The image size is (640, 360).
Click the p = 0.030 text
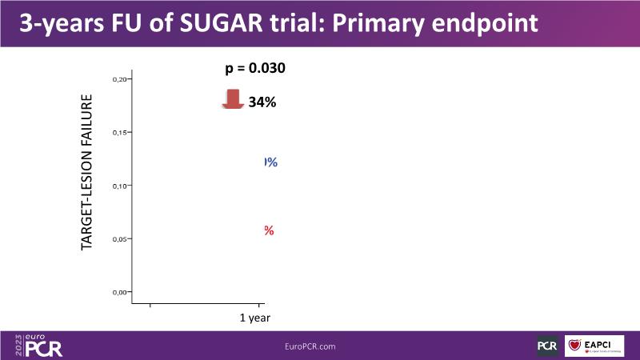[x=255, y=68]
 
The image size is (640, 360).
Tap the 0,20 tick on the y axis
[x=120, y=79]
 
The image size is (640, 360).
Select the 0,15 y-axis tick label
[x=120, y=132]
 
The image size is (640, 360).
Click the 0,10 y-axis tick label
[x=120, y=186]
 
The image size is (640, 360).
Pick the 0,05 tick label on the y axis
[x=120, y=238]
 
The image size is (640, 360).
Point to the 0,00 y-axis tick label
[x=120, y=292]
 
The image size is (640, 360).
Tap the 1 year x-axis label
[x=255, y=318]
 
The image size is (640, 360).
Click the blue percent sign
[x=270, y=162]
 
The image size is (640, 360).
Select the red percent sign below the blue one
[x=270, y=231]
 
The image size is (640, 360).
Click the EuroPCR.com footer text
[x=310, y=346]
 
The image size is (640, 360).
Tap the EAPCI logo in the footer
[x=594, y=346]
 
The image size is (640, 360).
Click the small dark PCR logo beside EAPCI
[x=547, y=346]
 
